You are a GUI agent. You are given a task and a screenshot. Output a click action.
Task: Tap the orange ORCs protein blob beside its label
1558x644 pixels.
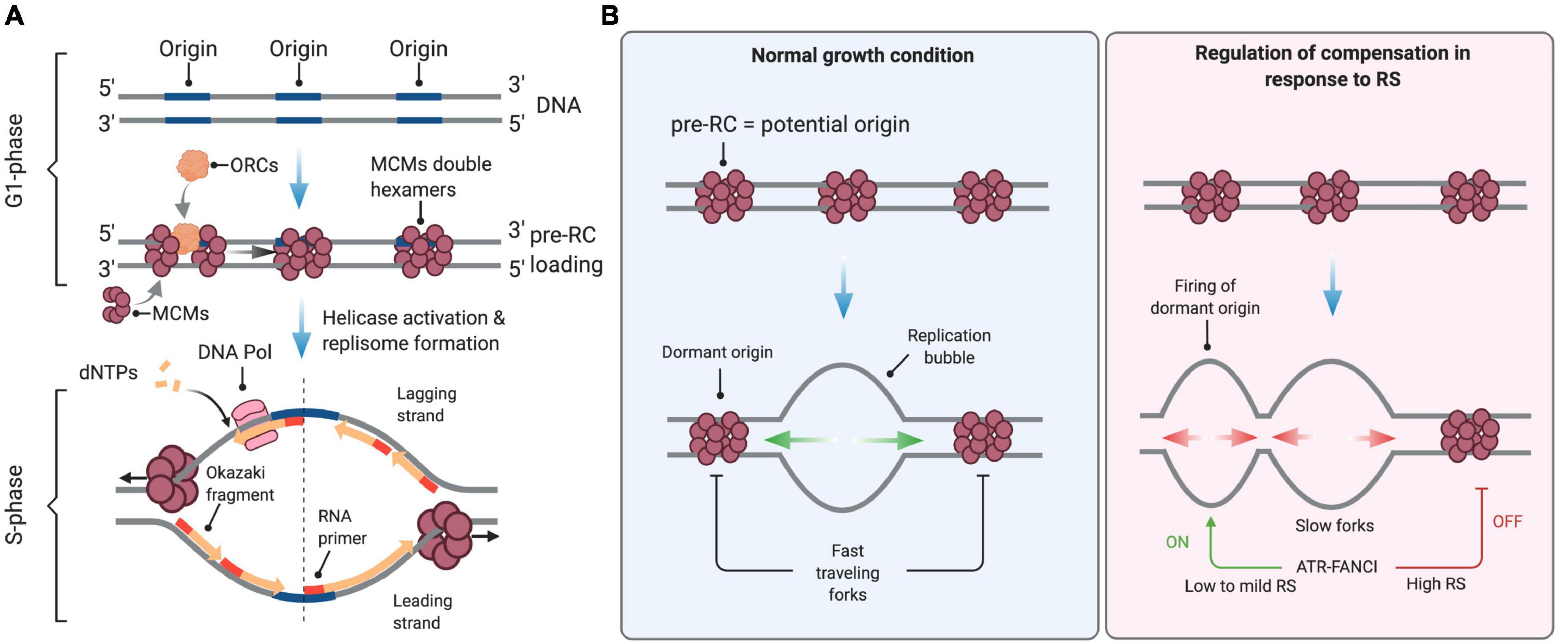tap(192, 165)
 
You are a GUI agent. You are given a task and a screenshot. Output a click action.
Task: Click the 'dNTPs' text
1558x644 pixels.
tap(108, 372)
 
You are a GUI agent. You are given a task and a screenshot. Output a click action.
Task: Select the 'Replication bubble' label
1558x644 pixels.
tap(948, 346)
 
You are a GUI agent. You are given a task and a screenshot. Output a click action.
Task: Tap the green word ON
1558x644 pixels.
tap(1177, 542)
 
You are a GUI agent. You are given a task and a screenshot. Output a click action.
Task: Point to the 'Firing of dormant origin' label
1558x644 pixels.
tap(1204, 297)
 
